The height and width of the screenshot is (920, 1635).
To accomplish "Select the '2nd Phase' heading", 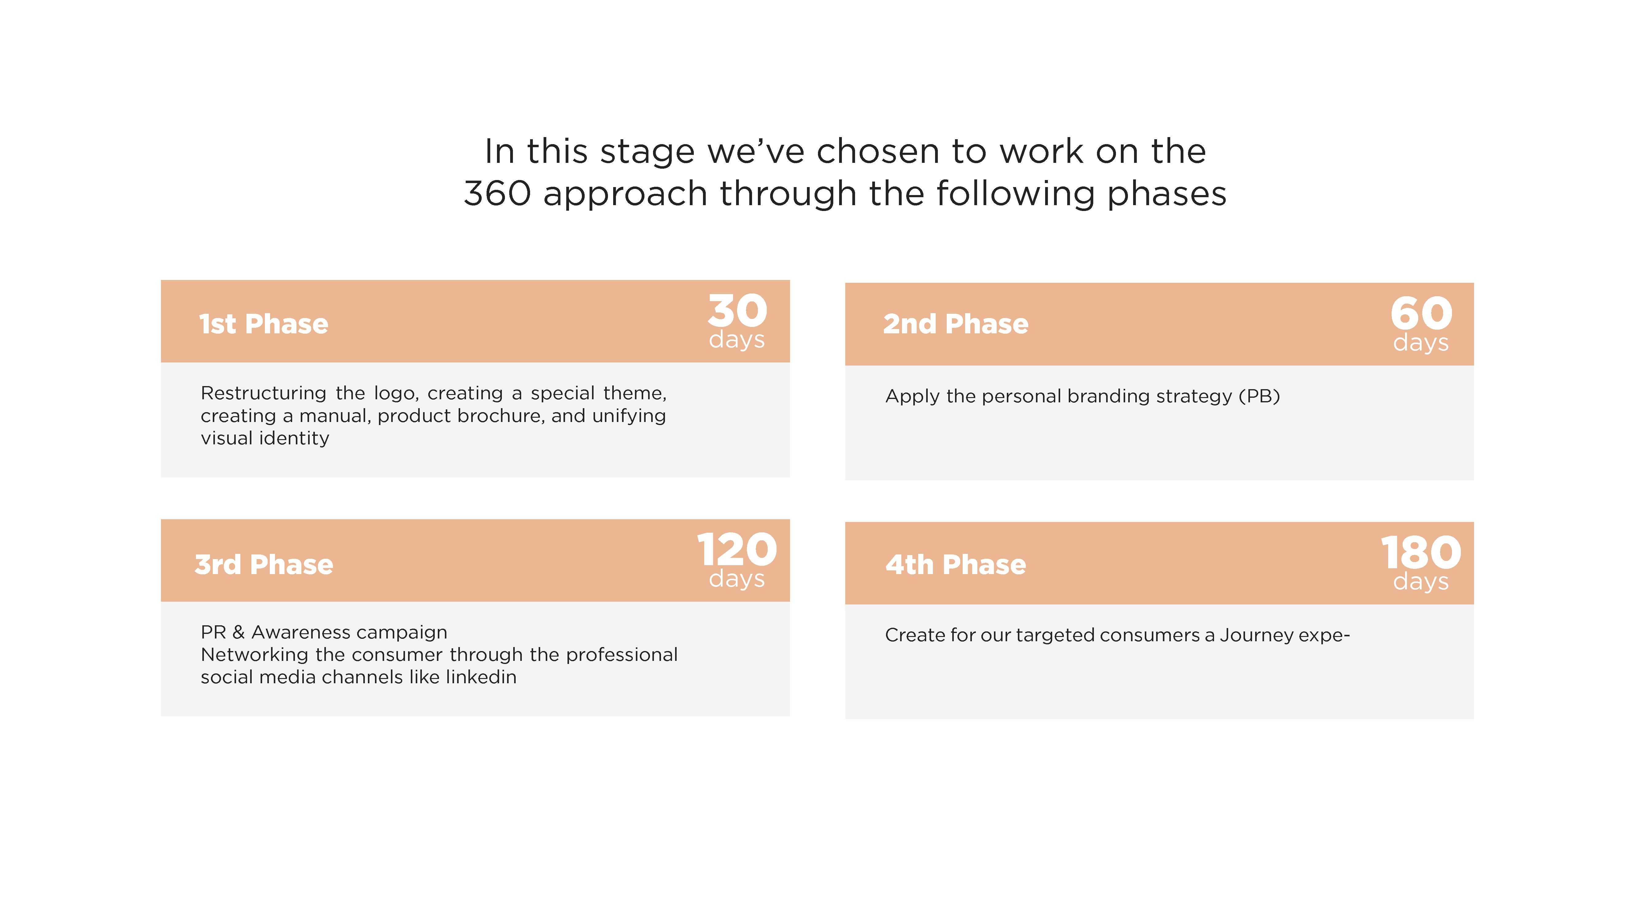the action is [x=956, y=324].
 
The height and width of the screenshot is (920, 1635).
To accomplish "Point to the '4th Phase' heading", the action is [x=956, y=565].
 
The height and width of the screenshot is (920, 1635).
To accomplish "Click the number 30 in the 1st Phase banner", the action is [x=738, y=310].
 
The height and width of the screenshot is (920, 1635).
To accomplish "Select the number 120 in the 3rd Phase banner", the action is [x=737, y=550].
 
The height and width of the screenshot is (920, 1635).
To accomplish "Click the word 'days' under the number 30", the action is [x=737, y=340].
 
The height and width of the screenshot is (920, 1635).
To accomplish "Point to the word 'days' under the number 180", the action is [x=1421, y=581].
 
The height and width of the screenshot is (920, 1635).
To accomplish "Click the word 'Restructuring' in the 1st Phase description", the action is [x=263, y=393].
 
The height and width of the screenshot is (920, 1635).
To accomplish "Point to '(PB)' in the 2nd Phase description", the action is [x=1259, y=396].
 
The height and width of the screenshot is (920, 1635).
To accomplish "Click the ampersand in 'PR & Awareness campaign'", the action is [x=239, y=632].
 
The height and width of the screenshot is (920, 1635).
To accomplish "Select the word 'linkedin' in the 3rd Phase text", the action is [x=481, y=677].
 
